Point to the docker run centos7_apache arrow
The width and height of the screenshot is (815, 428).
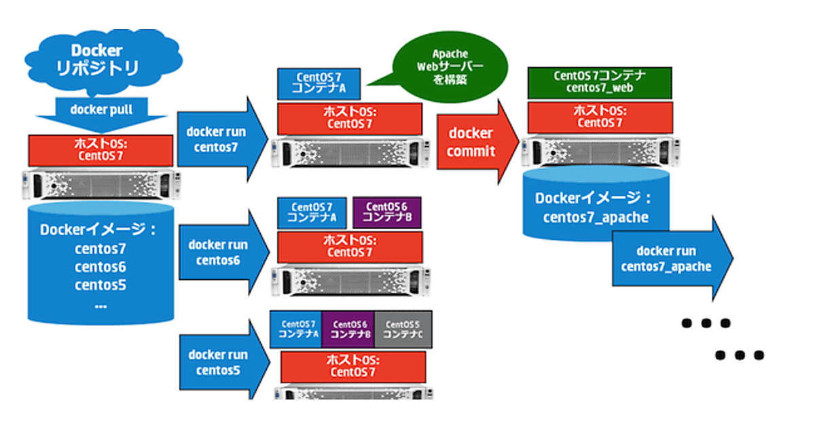coord(669,259)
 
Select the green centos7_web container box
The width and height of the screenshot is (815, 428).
coord(600,82)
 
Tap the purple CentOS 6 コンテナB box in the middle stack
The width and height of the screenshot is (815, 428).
coord(387,213)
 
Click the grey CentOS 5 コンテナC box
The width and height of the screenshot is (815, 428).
coord(403,329)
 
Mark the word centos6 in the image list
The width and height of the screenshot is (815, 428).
coord(101,267)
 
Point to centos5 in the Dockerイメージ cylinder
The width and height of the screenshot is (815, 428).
coord(101,285)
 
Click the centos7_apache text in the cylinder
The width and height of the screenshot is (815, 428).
coord(596,217)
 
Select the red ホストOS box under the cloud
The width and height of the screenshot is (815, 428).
coord(101,149)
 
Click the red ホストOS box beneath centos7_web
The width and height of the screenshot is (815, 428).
coord(598,116)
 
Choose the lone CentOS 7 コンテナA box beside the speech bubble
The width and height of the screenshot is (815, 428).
coord(319,82)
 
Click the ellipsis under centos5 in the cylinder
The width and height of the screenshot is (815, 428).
coord(101,305)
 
